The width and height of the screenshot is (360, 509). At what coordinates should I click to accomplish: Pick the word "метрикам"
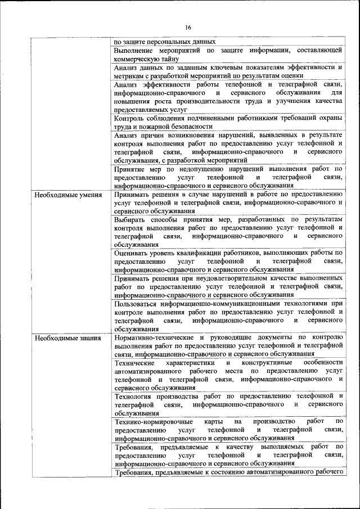click(128, 75)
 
